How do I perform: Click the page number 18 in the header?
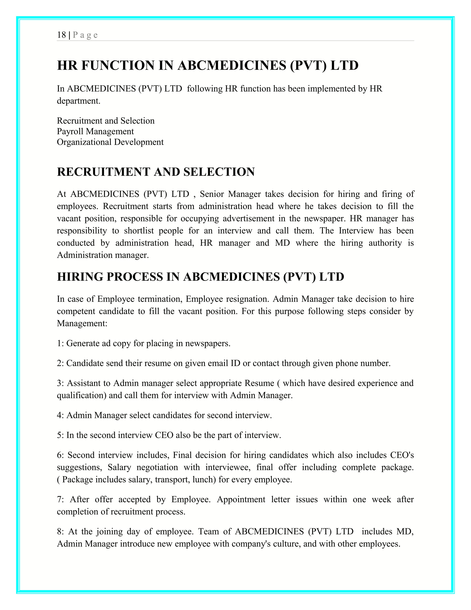pyautogui.click(x=61, y=35)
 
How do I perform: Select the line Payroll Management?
pyautogui.click(x=95, y=131)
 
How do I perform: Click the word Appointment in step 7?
pyautogui.click(x=241, y=500)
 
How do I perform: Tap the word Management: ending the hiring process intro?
pyautogui.click(x=82, y=323)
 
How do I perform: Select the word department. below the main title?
pyautogui.click(x=78, y=101)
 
